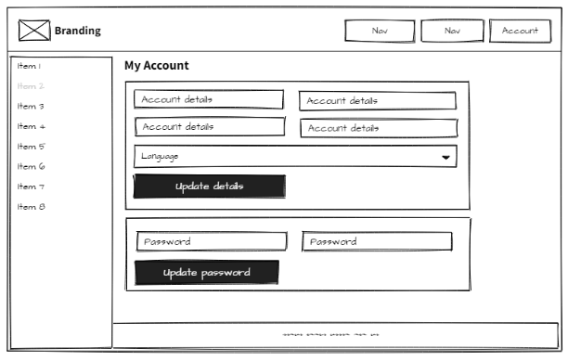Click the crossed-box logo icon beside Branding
[x=34, y=31]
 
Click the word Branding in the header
[x=77, y=31]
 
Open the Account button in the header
[x=520, y=31]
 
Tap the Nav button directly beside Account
[x=452, y=31]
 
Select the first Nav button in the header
[x=380, y=31]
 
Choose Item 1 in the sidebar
[x=29, y=66]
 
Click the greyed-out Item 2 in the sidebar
[x=31, y=86]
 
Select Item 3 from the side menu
[x=31, y=107]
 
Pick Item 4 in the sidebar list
[x=31, y=126]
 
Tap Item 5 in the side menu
[x=31, y=147]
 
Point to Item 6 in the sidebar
[x=31, y=167]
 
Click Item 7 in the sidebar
[x=31, y=186]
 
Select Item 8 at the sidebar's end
[x=31, y=207]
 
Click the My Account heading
[x=156, y=66]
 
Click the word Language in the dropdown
[x=160, y=157]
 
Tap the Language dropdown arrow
[x=446, y=158]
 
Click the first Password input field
[x=212, y=242]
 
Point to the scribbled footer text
[x=329, y=335]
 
